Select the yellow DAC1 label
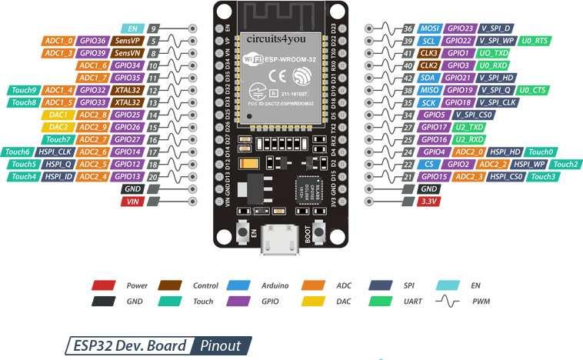[56, 114]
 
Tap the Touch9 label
[22, 89]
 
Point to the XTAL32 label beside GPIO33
[125, 102]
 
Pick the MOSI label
[430, 28]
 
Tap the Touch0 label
[541, 152]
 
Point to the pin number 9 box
[155, 28]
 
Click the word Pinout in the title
[220, 345]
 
